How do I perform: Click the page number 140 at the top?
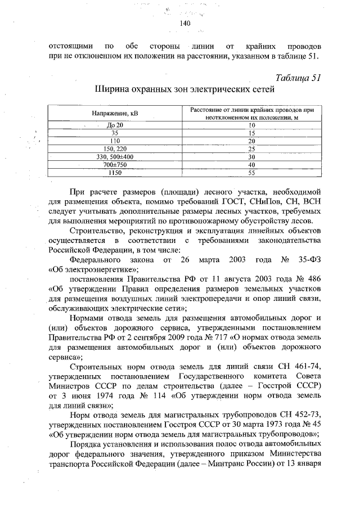pyautogui.click(x=186, y=23)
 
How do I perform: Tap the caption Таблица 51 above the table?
pyautogui.click(x=298, y=78)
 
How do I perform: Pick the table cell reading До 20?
pyautogui.click(x=114, y=124)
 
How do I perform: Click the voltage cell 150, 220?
pyautogui.click(x=115, y=148)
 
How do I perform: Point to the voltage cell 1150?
pyautogui.click(x=115, y=173)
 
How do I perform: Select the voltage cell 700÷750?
pyautogui.click(x=115, y=165)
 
